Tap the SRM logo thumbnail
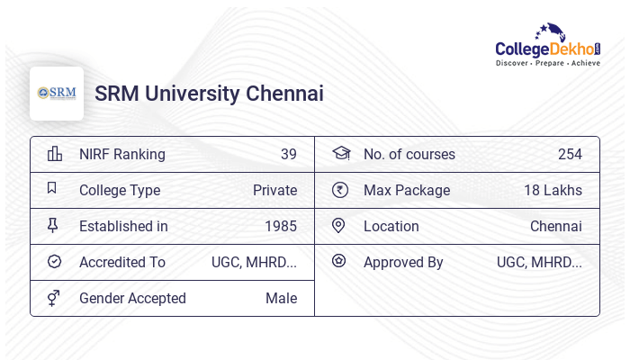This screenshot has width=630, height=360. pyautogui.click(x=57, y=94)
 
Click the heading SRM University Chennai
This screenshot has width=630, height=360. pyautogui.click(x=209, y=94)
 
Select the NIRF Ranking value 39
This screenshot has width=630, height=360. pyautogui.click(x=288, y=154)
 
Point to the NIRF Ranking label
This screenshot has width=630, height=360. pyautogui.click(x=122, y=154)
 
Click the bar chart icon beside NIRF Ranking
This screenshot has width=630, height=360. pyautogui.click(x=54, y=154)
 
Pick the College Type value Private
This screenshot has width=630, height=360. pyautogui.click(x=274, y=190)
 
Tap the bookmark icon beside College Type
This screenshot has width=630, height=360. pyautogui.click(x=52, y=189)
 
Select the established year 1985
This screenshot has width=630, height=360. pyautogui.click(x=280, y=226)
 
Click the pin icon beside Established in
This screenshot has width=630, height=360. pyautogui.click(x=52, y=226)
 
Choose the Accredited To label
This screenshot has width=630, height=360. pyautogui.click(x=122, y=262)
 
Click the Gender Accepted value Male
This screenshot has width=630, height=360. pyautogui.click(x=281, y=298)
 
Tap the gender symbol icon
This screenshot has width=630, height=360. pyautogui.click(x=53, y=298)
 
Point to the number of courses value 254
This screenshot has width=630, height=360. pyautogui.click(x=570, y=154)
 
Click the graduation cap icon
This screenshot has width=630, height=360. pyautogui.click(x=340, y=153)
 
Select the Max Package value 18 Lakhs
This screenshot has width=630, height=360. pyautogui.click(x=553, y=190)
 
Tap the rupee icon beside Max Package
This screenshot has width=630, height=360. pyautogui.click(x=339, y=190)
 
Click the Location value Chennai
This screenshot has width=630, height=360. pyautogui.click(x=555, y=226)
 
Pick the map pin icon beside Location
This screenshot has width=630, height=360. pyautogui.click(x=338, y=226)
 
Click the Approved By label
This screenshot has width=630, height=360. pyautogui.click(x=403, y=262)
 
